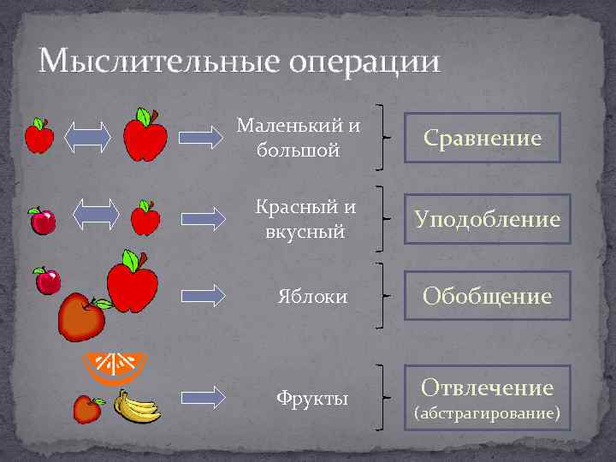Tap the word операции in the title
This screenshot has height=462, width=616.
364,62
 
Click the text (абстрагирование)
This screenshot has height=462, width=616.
487,415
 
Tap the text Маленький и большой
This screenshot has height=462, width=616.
298,138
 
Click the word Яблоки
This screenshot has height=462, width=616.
312,297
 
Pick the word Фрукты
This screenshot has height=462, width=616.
311,398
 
